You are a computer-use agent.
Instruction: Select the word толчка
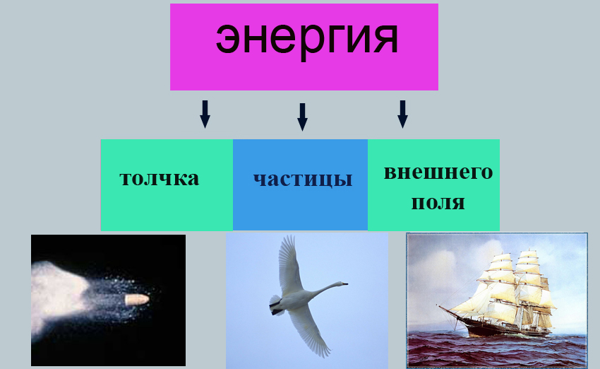pos(160,177)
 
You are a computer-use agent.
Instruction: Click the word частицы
pos(302,178)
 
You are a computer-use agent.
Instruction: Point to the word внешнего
pos(438,172)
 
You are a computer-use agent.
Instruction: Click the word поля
pos(438,203)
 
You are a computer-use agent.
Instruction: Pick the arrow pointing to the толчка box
pos(205,113)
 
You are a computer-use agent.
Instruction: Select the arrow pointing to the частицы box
pos(302,117)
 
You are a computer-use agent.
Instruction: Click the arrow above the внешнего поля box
pos(402,113)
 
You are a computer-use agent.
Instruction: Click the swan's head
pos(341,285)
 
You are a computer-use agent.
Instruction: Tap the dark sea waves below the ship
pos(494,350)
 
